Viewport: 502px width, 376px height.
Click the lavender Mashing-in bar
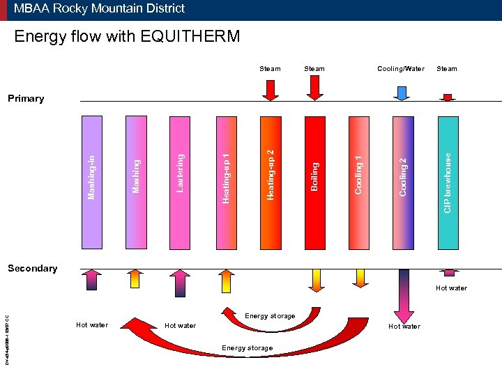[92, 182]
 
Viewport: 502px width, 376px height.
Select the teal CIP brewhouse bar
[448, 182]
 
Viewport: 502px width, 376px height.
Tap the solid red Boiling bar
[314, 182]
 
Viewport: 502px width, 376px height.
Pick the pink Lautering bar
[181, 182]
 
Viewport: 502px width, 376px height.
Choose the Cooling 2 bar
[403, 182]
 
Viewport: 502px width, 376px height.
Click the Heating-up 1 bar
[225, 182]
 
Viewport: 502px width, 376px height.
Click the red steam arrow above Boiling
[314, 87]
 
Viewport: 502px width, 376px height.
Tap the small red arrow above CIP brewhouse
[448, 97]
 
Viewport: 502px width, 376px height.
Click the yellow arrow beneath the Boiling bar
[316, 279]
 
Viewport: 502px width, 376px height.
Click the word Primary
[26, 99]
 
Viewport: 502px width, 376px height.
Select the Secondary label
[32, 268]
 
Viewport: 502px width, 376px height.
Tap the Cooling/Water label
[400, 69]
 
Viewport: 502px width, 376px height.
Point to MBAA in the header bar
[31, 9]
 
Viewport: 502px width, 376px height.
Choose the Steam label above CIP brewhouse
[447, 69]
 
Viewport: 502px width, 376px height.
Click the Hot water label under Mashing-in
[92, 325]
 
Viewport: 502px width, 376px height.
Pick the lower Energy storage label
[247, 347]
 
